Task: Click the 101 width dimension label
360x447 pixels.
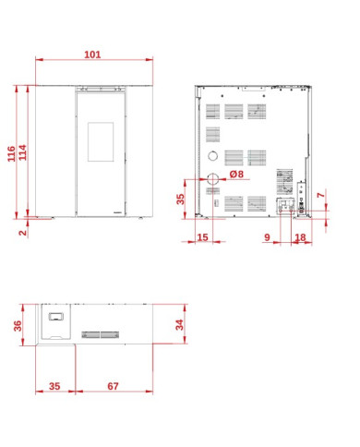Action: tap(92, 54)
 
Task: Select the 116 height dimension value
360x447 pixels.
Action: tap(11, 153)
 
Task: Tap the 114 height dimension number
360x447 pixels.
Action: tap(23, 152)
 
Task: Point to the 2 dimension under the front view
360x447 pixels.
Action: tap(23, 232)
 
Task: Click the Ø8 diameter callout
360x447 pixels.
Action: tap(236, 175)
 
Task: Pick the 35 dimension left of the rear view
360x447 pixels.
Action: tap(180, 199)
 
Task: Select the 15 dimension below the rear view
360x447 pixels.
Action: tap(202, 237)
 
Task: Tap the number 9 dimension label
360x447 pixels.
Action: tap(267, 237)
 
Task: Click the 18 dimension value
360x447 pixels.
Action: tap(301, 237)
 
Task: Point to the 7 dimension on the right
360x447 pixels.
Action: tap(321, 195)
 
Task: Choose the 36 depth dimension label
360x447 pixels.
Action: tap(18, 326)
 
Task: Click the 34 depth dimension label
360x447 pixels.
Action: tap(179, 325)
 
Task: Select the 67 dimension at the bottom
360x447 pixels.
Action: tap(113, 386)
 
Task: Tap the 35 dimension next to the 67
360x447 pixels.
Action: tap(54, 386)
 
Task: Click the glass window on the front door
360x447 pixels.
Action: tap(101, 142)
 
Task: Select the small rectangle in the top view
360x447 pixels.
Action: tap(56, 317)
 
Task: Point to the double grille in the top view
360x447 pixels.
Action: tap(101, 334)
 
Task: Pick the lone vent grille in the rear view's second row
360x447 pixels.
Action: tap(212, 135)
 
